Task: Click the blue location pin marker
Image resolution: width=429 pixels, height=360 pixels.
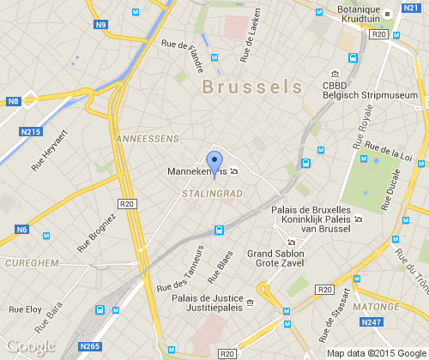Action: point(214,162)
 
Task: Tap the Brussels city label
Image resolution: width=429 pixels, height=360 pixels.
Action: point(252,87)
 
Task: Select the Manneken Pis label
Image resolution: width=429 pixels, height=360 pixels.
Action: point(198,171)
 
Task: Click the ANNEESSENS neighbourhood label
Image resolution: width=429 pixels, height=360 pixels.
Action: point(147,138)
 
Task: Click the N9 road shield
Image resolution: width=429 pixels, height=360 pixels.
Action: point(101,25)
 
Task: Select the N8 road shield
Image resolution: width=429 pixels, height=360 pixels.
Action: point(13,102)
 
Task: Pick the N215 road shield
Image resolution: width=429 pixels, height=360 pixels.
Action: point(31,132)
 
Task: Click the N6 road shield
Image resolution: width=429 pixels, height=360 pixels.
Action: point(21,229)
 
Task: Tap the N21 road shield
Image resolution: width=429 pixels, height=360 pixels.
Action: point(410,7)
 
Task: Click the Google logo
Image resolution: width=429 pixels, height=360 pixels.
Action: point(30,346)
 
